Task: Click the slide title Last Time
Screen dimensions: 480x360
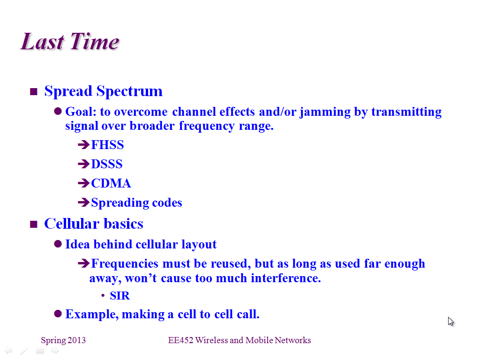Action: (70, 41)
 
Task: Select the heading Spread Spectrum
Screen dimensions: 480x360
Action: (104, 91)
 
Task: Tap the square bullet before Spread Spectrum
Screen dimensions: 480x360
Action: (34, 91)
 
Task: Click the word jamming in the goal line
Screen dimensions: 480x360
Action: (325, 112)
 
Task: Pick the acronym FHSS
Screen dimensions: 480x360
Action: (107, 145)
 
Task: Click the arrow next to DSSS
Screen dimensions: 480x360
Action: (83, 164)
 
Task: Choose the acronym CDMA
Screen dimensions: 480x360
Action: (111, 183)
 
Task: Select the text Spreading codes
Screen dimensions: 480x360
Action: (136, 203)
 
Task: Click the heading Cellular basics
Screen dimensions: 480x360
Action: (94, 224)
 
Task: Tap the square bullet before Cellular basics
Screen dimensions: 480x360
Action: (34, 225)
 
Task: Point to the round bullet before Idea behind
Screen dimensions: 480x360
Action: (58, 244)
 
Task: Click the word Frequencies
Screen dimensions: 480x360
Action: (125, 263)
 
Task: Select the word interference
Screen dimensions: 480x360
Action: (286, 278)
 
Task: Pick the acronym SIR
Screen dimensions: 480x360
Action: (120, 296)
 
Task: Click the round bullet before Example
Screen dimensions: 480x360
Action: (58, 314)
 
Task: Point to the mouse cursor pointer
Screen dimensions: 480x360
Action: (450, 322)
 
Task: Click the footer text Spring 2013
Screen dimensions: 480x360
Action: (63, 340)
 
